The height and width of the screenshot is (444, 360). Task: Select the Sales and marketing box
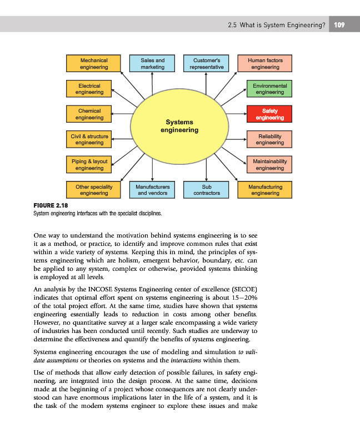152,63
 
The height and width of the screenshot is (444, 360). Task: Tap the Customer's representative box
206,63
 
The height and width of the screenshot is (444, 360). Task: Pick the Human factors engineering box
265,63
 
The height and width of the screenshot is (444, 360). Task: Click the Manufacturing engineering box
265,190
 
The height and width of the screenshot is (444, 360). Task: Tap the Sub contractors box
206,190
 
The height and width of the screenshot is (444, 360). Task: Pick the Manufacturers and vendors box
152,190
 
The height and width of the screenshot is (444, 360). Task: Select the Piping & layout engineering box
89,164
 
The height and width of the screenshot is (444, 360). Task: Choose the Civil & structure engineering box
89,139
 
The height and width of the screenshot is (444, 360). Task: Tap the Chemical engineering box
89,114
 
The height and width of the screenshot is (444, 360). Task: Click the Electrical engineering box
89,89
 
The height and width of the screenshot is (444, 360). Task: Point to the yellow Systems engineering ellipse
179,127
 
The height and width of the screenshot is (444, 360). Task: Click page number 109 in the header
339,25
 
